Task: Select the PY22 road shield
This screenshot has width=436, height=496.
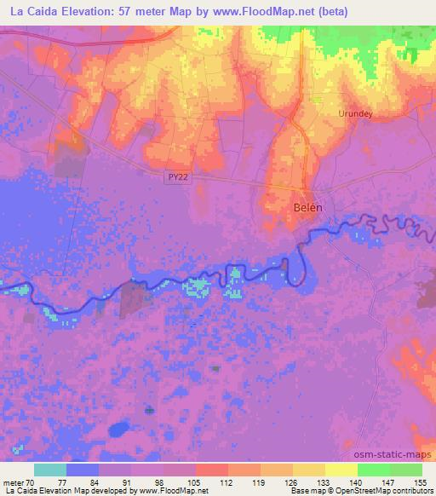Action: [x=176, y=176]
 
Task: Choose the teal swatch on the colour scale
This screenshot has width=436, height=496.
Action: [x=49, y=470]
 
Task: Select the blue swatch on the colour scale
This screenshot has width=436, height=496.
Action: [x=82, y=470]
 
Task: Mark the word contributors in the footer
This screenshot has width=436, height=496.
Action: [x=410, y=491]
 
